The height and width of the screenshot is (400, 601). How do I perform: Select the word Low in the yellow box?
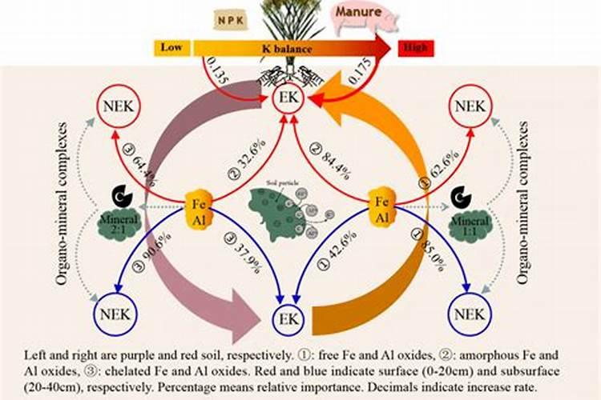171,48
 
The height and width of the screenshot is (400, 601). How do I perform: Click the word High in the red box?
413,48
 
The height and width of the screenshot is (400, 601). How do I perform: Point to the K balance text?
286,48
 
